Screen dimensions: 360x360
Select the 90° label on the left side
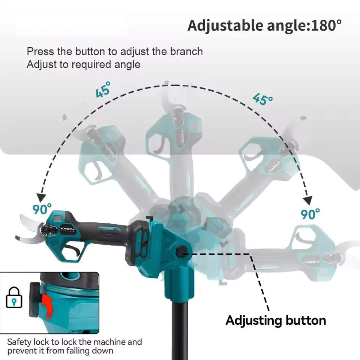pyautogui.click(x=42, y=209)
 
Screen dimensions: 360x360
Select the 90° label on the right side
pyautogui.click(x=310, y=214)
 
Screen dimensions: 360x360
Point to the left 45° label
pyautogui.click(x=103, y=89)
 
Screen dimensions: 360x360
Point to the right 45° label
pyautogui.click(x=262, y=99)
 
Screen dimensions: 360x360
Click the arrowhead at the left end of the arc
pyautogui.click(x=41, y=198)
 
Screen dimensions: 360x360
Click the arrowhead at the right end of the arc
pyautogui.click(x=307, y=200)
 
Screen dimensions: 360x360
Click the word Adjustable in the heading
pyautogui.click(x=225, y=26)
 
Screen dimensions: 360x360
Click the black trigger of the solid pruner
pyautogui.click(x=73, y=250)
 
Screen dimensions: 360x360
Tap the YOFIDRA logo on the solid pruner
pyautogui.click(x=67, y=229)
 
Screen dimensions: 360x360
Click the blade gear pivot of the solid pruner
pyautogui.click(x=47, y=229)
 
